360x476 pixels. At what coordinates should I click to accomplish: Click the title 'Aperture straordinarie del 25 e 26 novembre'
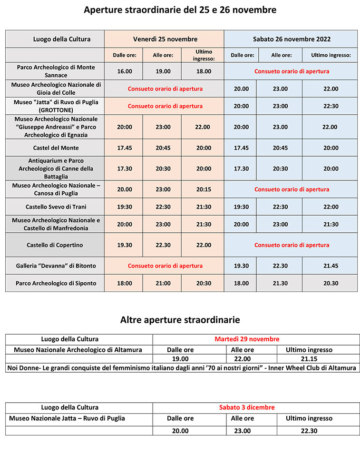point(180,10)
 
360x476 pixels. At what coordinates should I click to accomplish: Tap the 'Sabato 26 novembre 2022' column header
point(292,39)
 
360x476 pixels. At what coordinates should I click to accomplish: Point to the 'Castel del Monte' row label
point(56,148)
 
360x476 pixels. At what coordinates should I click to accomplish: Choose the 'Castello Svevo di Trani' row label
point(56,207)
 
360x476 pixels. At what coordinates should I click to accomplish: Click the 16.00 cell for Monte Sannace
point(125,71)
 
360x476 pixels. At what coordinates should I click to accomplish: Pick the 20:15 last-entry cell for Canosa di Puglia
point(204,189)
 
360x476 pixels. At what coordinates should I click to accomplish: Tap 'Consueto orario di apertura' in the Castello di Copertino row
point(292,245)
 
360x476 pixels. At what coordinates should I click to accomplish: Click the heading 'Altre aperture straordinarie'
point(180,319)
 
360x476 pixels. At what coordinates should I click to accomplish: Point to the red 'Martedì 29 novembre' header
point(247,339)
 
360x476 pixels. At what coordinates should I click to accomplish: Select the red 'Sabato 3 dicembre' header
point(247,407)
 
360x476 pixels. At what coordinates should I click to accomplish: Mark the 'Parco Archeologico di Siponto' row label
point(56,283)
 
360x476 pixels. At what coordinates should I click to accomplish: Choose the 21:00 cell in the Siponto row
point(163,283)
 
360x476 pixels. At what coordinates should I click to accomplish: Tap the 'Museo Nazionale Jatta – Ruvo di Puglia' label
point(67,418)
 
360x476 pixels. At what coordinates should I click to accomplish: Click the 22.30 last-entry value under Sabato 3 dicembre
point(308,431)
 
